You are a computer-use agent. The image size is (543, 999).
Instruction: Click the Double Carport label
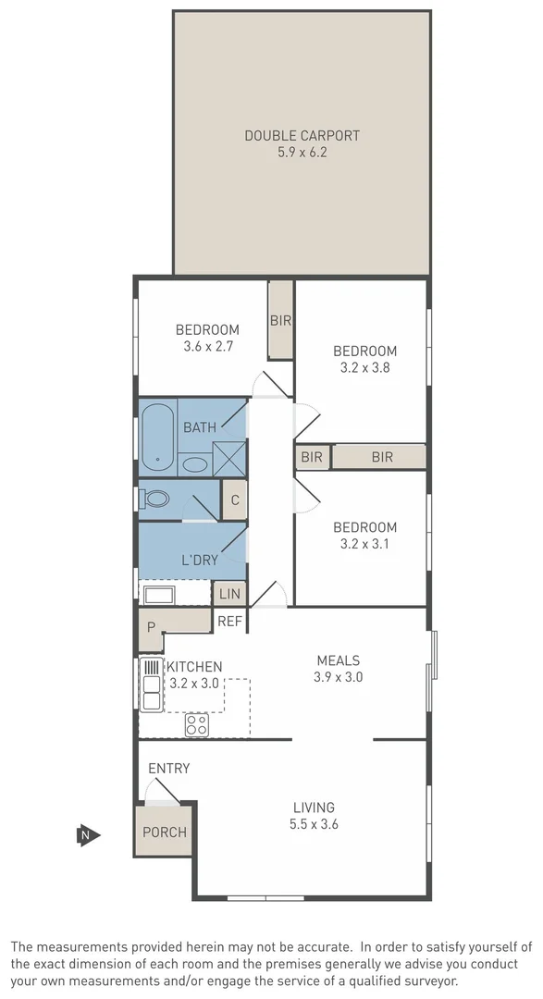302,135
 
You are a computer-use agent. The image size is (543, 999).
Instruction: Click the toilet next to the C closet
155,499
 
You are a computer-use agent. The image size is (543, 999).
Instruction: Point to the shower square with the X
229,459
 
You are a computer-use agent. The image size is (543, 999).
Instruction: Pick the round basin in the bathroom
195,463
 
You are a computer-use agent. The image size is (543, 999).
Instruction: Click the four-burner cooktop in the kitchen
196,724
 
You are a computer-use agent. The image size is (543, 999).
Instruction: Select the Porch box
165,832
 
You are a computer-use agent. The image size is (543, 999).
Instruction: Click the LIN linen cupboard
229,594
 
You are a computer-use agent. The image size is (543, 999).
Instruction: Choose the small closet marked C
235,500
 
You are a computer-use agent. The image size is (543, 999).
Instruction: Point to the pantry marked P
151,627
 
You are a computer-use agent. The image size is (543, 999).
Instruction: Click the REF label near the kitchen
229,623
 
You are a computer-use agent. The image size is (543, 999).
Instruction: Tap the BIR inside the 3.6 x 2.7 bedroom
280,321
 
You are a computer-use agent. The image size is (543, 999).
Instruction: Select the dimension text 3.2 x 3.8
364,367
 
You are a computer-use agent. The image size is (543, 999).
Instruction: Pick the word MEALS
338,660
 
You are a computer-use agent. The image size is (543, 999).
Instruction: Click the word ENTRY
168,768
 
